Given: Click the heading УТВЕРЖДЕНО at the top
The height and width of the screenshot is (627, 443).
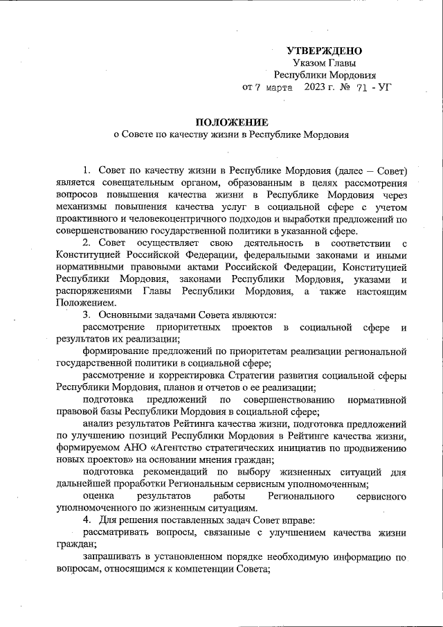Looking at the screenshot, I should pos(324,51).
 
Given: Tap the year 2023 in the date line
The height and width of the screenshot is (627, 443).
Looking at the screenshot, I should pos(316,88).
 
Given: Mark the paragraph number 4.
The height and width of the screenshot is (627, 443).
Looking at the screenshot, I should pos(86,520).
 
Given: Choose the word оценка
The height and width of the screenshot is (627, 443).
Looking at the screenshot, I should pos(99,495).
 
